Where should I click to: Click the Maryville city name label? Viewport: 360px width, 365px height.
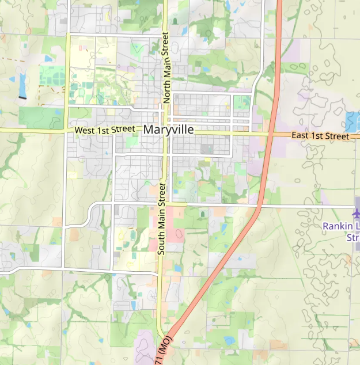tap(168, 130)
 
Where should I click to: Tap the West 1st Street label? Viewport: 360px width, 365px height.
tap(105, 131)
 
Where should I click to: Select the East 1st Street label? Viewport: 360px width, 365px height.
tap(320, 136)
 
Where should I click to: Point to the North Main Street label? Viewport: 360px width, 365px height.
tap(166, 67)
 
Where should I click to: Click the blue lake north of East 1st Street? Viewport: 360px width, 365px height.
tap(352, 121)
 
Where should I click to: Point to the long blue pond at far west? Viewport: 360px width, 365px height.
tap(22, 85)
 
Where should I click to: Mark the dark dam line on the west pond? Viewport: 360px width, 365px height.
tap(22, 97)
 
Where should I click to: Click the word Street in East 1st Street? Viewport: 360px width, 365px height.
tap(334, 136)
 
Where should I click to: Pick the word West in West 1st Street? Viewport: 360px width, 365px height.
tap(85, 131)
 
